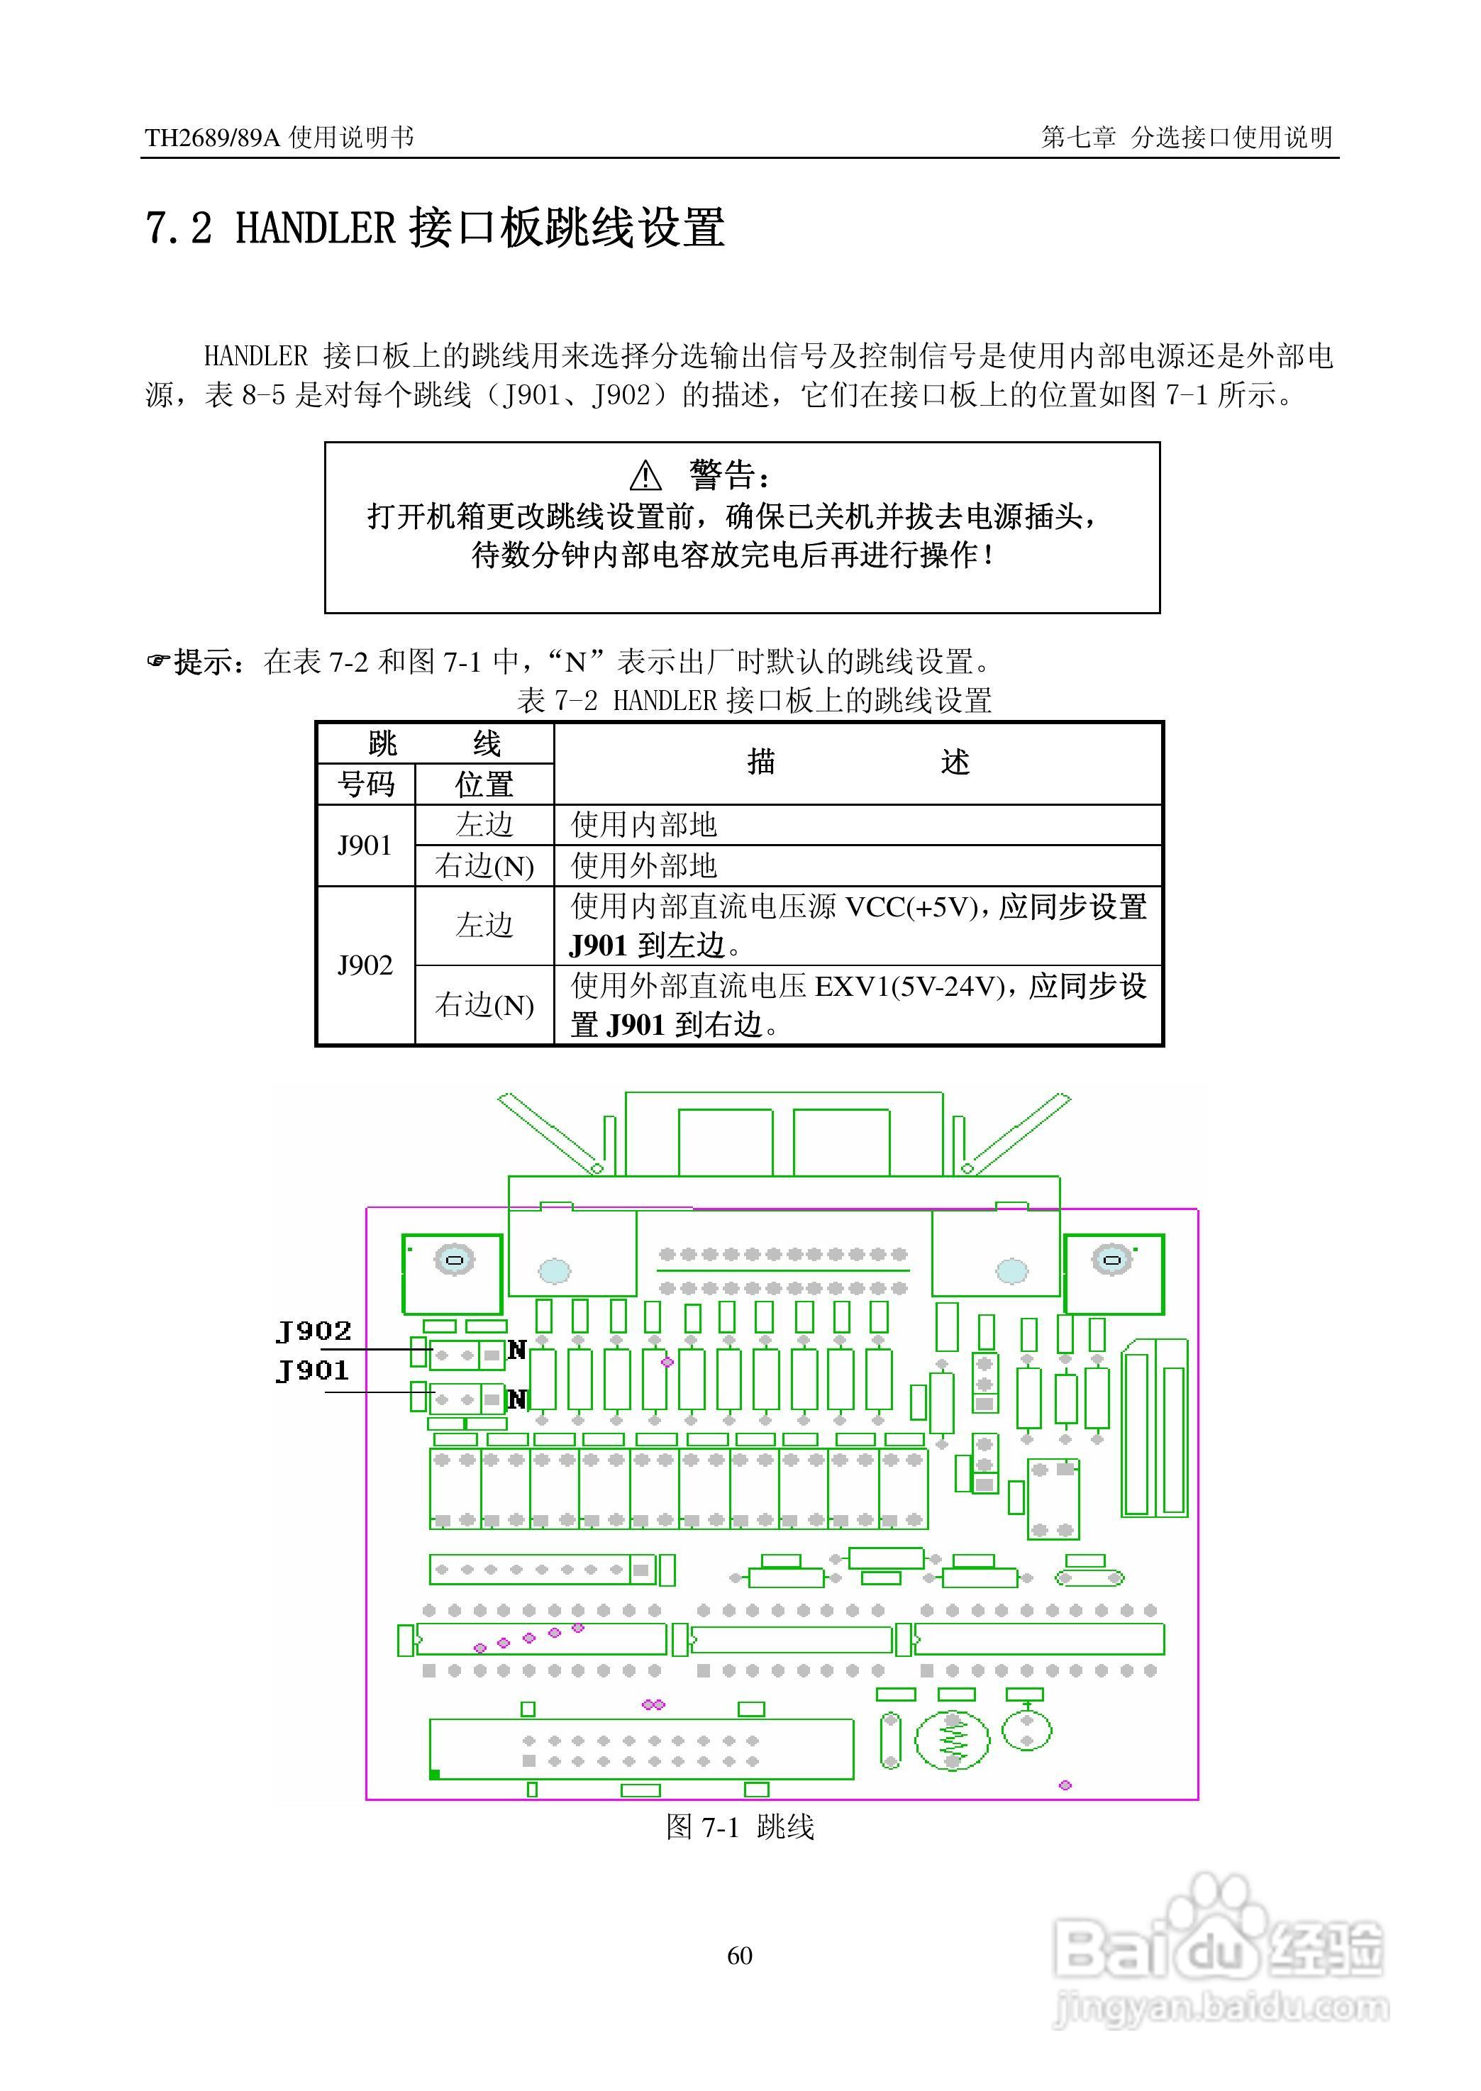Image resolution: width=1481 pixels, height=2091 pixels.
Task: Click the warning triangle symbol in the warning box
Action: pos(645,475)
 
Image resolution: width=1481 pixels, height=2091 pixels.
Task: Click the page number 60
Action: pos(740,1955)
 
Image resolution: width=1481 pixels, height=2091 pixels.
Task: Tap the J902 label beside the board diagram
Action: pos(314,1331)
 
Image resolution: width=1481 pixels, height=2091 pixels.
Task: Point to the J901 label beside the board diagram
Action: pos(313,1370)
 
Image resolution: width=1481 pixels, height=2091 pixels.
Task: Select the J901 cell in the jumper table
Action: pos(365,845)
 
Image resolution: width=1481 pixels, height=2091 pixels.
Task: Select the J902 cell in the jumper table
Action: pos(365,965)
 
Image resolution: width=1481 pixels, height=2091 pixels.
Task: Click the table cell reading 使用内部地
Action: pos(644,826)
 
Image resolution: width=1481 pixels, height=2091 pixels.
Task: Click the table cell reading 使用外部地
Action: pos(644,865)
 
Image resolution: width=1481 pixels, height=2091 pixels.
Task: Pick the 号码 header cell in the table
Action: pos(366,784)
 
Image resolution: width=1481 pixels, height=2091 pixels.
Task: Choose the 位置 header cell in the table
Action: pos(484,784)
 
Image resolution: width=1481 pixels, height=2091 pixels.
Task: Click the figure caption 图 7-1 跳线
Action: pos(740,1826)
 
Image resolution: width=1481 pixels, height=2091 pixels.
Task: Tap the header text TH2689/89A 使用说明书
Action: pos(279,138)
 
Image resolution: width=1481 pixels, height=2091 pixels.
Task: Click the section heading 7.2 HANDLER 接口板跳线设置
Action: pos(435,228)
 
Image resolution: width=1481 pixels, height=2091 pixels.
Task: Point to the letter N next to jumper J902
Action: pos(517,1350)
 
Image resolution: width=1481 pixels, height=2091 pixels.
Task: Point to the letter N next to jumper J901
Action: pos(517,1399)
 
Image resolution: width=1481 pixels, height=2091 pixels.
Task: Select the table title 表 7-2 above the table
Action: pos(753,700)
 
